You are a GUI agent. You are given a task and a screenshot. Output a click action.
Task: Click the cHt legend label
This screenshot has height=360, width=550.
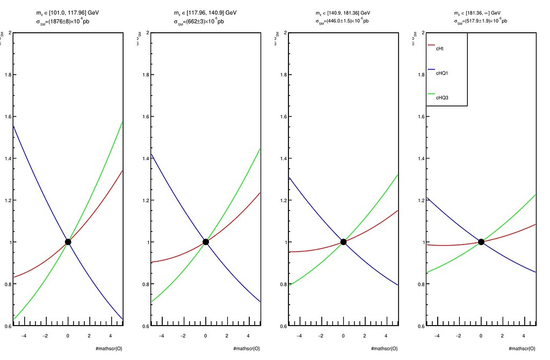click(x=439, y=48)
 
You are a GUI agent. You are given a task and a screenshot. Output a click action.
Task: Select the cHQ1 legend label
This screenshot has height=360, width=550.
click(x=442, y=73)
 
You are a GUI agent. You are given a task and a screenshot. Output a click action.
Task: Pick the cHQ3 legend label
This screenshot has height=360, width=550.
click(x=442, y=97)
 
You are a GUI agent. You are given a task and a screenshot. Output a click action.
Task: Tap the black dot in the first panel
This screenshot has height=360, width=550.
click(x=68, y=242)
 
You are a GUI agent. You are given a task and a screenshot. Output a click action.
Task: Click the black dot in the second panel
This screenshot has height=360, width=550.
click(x=206, y=242)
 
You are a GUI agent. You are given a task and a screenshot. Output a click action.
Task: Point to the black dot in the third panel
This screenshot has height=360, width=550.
click(x=344, y=242)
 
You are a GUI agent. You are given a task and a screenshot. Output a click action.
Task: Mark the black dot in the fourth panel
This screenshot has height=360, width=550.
click(x=481, y=242)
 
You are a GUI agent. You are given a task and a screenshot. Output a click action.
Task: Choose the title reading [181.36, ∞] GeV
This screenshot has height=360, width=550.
click(x=480, y=13)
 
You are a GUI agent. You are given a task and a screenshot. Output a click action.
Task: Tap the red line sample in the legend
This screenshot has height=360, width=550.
click(x=431, y=46)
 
